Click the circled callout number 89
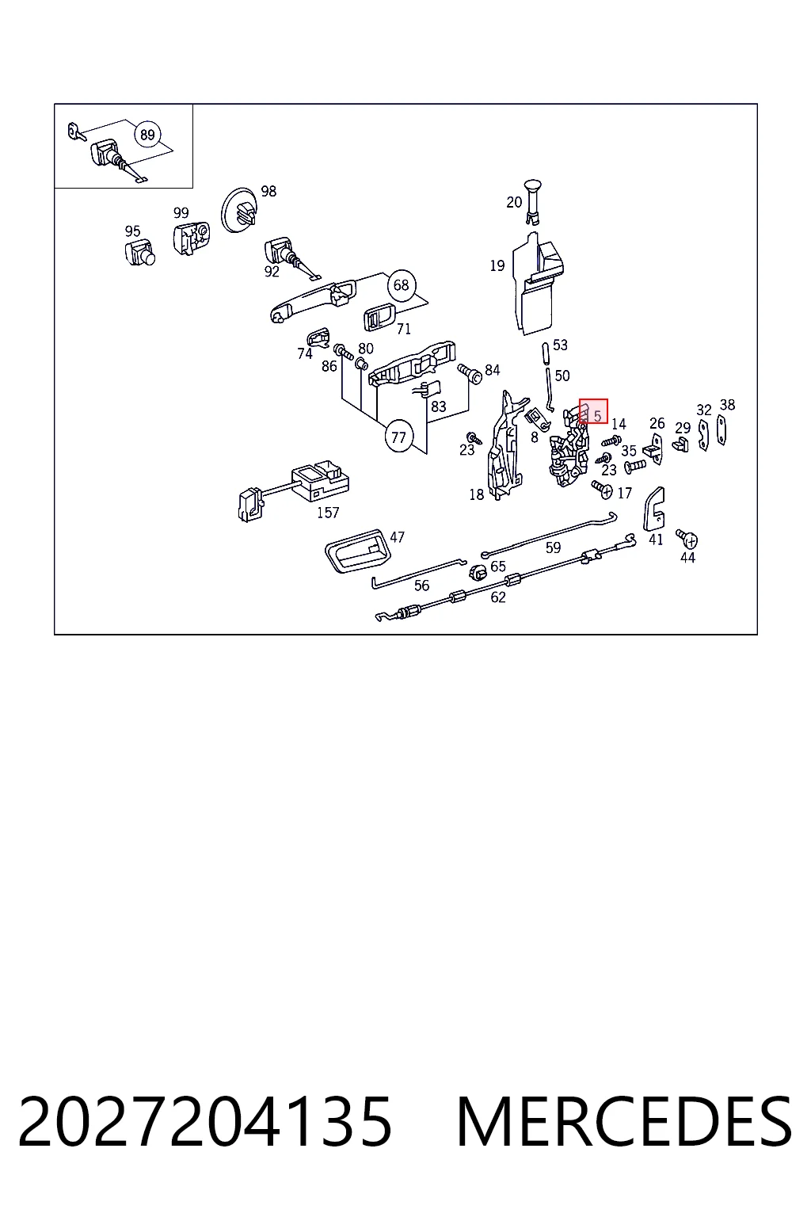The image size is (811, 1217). [147, 134]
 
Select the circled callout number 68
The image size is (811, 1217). [401, 284]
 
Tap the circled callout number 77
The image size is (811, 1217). [398, 437]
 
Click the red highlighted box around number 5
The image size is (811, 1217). [593, 410]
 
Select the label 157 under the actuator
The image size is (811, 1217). [328, 513]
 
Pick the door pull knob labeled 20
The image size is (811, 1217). [532, 200]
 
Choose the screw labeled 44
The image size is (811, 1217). [687, 539]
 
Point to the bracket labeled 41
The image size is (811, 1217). [653, 509]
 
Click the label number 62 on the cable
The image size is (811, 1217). [497, 597]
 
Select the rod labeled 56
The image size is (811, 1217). [418, 574]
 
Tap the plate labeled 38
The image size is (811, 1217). [722, 429]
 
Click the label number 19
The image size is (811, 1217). [497, 265]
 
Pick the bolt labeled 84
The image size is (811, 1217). [470, 374]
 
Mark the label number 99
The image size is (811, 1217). [181, 212]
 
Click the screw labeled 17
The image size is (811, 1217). [602, 489]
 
